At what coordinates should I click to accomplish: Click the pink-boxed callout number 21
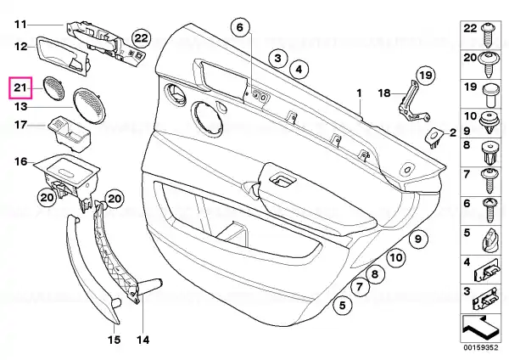[20, 87]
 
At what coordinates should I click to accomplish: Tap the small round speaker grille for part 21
[53, 87]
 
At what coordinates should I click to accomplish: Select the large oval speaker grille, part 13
[89, 105]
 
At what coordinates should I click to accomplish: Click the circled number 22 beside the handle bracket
[141, 39]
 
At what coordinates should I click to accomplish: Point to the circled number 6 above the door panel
[240, 27]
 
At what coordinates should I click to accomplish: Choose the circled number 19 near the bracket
[425, 76]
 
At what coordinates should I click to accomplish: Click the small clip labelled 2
[434, 137]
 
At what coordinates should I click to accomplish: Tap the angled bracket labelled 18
[412, 100]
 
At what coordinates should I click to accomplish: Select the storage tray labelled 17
[70, 134]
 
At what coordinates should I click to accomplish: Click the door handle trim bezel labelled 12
[64, 56]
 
